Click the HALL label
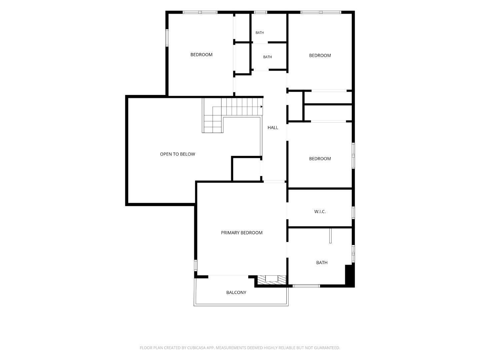273,128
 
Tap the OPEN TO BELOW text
177,154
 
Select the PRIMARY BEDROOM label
241,233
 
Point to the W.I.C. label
320,212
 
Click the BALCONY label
236,292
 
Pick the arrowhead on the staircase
262,107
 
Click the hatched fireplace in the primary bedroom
271,280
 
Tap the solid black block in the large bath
349,275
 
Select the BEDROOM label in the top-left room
201,55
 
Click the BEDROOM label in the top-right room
320,56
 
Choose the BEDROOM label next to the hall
320,159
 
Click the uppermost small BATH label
260,33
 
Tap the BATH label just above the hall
267,57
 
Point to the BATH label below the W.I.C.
322,263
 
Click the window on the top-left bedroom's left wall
167,38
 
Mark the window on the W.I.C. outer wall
353,212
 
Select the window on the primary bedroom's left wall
196,265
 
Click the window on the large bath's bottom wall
306,286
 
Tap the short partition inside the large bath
330,236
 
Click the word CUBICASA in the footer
197,348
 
